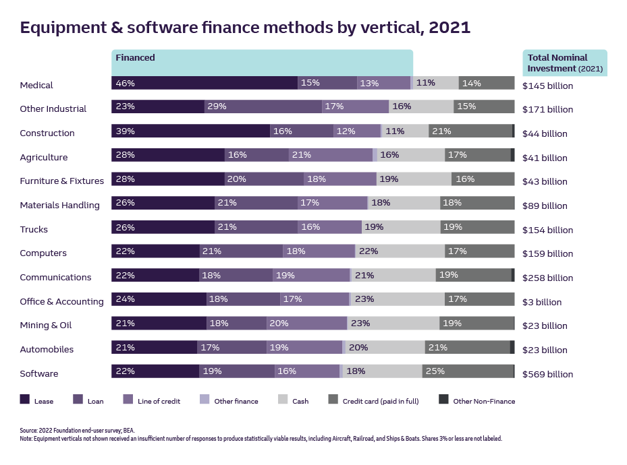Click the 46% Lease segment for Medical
point(204,83)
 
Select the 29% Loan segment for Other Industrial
point(263,106)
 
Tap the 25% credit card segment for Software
point(468,371)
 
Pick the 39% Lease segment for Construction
point(190,131)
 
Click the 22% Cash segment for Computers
point(400,251)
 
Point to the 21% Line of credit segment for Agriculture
point(330,155)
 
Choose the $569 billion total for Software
point(547,374)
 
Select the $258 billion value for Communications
point(547,278)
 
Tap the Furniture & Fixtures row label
point(61,181)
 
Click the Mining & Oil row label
point(45,325)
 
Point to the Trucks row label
point(34,229)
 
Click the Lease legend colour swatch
point(25,400)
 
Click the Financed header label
point(135,58)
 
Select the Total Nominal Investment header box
point(564,63)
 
